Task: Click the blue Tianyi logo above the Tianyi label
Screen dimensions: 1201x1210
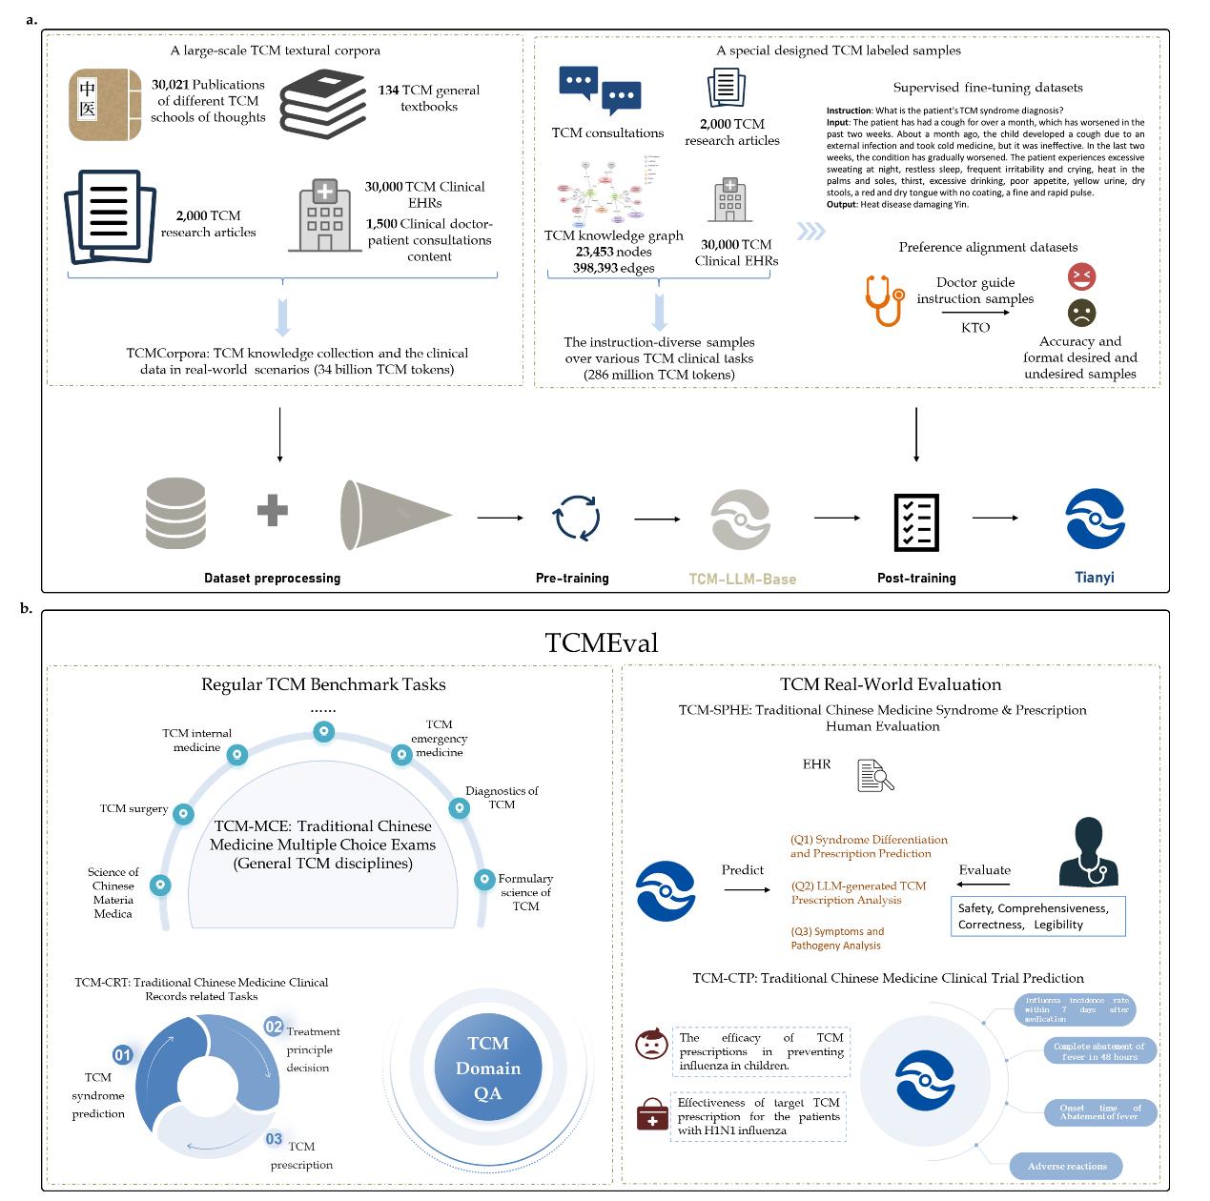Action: (x=1096, y=519)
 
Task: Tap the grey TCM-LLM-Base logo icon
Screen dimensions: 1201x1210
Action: (x=741, y=519)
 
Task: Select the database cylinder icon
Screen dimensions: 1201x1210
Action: (x=175, y=513)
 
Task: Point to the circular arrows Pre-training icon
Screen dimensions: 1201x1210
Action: (x=576, y=519)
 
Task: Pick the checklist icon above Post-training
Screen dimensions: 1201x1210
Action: (x=916, y=521)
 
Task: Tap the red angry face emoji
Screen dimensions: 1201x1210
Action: (x=1082, y=277)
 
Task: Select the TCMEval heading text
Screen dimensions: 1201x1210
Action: (x=602, y=641)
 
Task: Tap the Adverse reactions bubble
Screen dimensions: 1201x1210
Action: (x=1067, y=1166)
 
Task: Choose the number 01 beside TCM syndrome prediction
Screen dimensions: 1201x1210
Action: (x=123, y=1055)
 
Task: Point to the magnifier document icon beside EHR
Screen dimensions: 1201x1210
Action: (x=875, y=775)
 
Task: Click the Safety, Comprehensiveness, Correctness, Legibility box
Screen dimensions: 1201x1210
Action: (x=1038, y=916)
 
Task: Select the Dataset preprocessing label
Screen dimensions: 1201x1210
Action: (x=272, y=578)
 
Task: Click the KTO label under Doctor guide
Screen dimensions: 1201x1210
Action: (x=975, y=327)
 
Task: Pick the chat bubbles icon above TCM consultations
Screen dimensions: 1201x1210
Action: (x=600, y=92)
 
